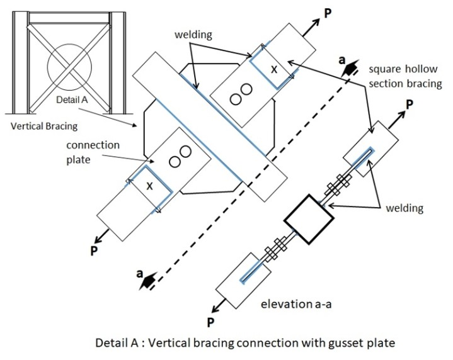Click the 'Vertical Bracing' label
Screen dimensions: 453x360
pyautogui.click(x=44, y=126)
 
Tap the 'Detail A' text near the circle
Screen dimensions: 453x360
pyautogui.click(x=72, y=100)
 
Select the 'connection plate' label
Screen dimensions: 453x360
pyautogui.click(x=93, y=152)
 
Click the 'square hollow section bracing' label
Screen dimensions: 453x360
pyautogui.click(x=405, y=76)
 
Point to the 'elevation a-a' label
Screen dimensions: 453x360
pyautogui.click(x=296, y=304)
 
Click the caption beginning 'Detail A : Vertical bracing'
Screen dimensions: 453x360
pyautogui.click(x=245, y=343)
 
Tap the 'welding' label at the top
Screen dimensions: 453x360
pyautogui.click(x=193, y=35)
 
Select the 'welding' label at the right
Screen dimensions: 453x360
pyautogui.click(x=404, y=208)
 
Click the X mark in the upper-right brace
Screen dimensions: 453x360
pyautogui.click(x=274, y=69)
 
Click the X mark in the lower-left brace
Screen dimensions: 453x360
pyautogui.click(x=149, y=186)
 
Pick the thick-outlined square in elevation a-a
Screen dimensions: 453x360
pyautogui.click(x=309, y=219)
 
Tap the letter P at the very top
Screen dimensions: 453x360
pyautogui.click(x=328, y=13)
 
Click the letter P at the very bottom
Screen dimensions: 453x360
pyautogui.click(x=210, y=322)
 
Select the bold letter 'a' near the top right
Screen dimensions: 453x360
pyautogui.click(x=341, y=60)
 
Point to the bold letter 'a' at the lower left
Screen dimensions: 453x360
pyautogui.click(x=140, y=273)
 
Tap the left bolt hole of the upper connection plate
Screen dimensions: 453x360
pyautogui.click(x=236, y=99)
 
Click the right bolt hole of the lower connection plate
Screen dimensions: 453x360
pyautogui.click(x=185, y=151)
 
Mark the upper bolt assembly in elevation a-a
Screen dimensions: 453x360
pyautogui.click(x=338, y=185)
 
